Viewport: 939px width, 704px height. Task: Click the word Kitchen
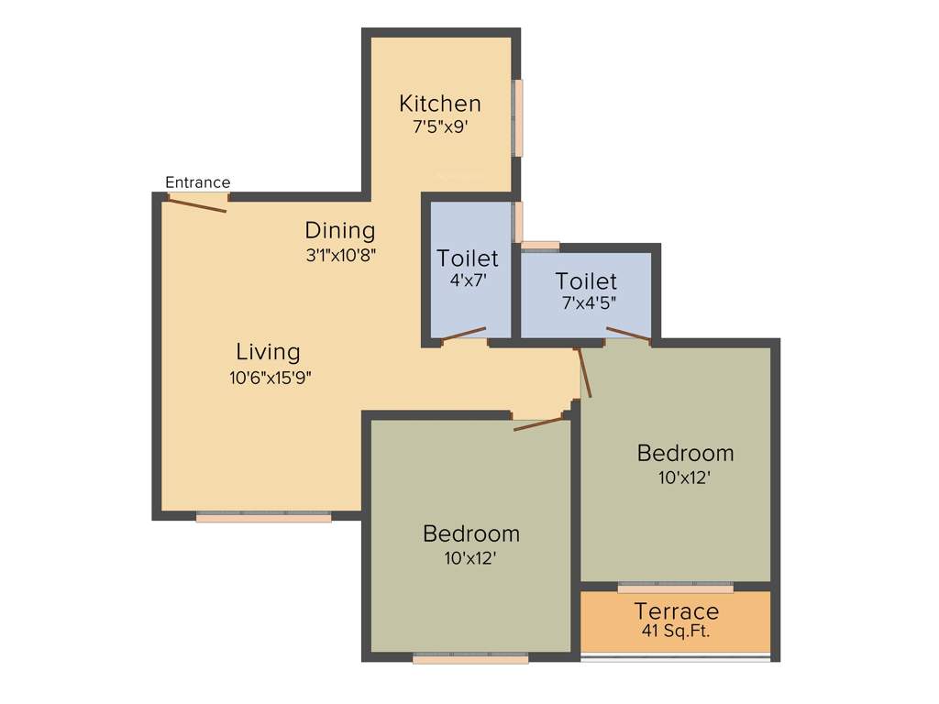coord(440,103)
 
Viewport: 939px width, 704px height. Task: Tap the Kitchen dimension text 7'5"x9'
coord(440,126)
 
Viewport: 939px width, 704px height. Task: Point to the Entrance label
coord(197,182)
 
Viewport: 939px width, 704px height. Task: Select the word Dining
coord(340,230)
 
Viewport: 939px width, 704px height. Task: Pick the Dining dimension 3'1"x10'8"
coord(341,255)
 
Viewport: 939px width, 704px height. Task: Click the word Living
coord(268,352)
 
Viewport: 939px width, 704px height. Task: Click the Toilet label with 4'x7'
coord(468,258)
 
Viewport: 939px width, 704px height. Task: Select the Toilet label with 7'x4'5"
coord(586,280)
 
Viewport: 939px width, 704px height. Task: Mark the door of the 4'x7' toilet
coord(465,335)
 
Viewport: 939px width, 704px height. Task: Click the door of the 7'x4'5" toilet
coord(628,335)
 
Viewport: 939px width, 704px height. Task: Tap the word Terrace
coord(677,611)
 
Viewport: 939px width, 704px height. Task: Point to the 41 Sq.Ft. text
coord(676,631)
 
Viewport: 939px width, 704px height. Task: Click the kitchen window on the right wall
coord(518,118)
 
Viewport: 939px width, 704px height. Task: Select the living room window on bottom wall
coord(263,518)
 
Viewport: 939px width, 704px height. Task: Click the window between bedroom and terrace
coord(675,587)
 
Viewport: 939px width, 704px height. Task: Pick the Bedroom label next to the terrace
coord(685,453)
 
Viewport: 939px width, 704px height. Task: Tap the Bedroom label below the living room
coord(470,533)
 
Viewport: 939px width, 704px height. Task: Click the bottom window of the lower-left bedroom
coord(470,657)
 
